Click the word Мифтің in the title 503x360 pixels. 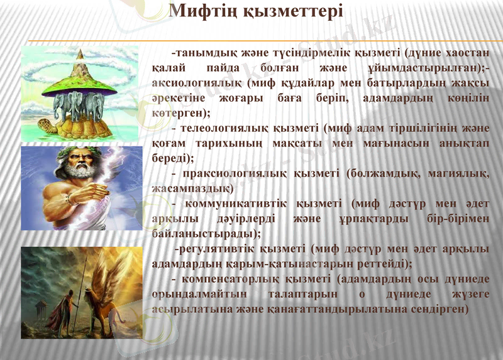(202, 11)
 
